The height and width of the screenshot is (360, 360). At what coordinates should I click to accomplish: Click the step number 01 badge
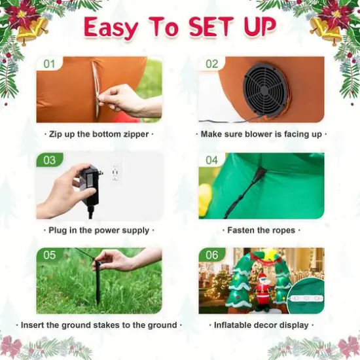tap(49, 63)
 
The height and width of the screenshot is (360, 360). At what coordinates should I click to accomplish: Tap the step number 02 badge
tap(211, 63)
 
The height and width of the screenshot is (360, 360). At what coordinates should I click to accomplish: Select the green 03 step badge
tap(49, 160)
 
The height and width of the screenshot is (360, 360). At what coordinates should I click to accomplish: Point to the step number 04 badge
tap(211, 160)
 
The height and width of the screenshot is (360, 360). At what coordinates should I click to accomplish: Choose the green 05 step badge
tap(49, 255)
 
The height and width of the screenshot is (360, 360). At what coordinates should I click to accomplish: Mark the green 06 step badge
tap(211, 255)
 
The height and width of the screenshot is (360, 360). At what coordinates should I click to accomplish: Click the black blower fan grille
tap(265, 90)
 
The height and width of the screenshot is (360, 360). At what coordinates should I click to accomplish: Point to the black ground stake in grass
tap(98, 281)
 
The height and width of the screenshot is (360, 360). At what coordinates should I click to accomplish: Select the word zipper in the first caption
tap(136, 134)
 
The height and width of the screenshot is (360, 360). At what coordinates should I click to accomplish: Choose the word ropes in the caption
tap(284, 230)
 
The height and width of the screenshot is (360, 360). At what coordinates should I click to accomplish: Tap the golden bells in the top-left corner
tap(32, 31)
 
